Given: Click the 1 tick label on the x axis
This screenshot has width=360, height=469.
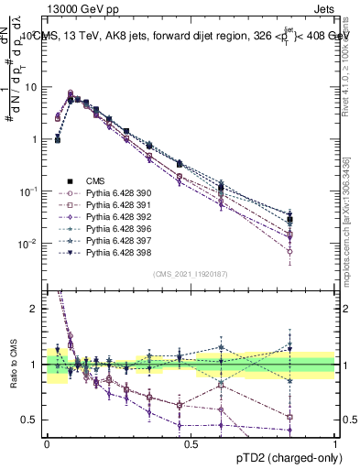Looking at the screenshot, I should pos(334,442).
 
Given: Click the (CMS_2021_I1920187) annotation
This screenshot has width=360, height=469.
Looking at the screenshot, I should pos(191,274).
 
